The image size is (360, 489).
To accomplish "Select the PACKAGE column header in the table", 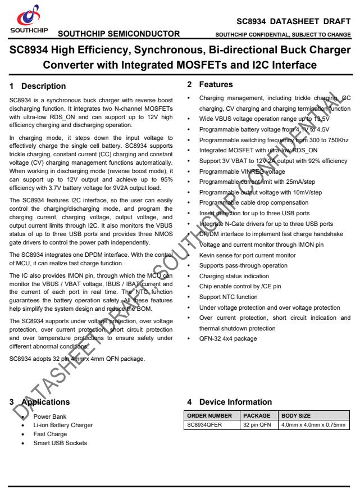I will click(x=257, y=416).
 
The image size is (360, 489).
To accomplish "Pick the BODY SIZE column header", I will click(x=295, y=416).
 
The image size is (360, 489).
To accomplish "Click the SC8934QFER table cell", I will click(x=204, y=424).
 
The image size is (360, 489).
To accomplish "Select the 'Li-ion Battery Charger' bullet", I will click(x=63, y=425).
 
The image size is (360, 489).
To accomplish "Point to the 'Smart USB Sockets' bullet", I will click(x=60, y=443).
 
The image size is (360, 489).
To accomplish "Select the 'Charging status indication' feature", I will click(x=234, y=277).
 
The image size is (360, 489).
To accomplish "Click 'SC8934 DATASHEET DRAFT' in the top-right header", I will click(x=294, y=21).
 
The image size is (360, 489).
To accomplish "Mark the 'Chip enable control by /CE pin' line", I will click(x=240, y=286).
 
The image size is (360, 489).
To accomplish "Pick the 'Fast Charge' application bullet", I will click(x=50, y=434).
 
